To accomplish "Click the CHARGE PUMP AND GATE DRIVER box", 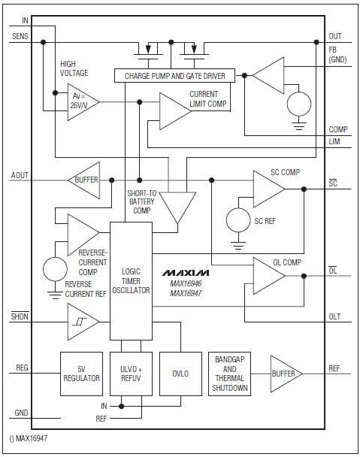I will point(174,75).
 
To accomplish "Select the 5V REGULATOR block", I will point(80,373).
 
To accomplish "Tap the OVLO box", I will point(180,373).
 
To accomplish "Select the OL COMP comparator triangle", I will point(267,276).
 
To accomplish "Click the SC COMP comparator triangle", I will point(267,189).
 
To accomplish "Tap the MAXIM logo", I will point(185,271).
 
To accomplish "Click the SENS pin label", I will point(20,36).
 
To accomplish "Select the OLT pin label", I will point(334,317).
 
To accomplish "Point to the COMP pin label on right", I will point(337,129).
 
